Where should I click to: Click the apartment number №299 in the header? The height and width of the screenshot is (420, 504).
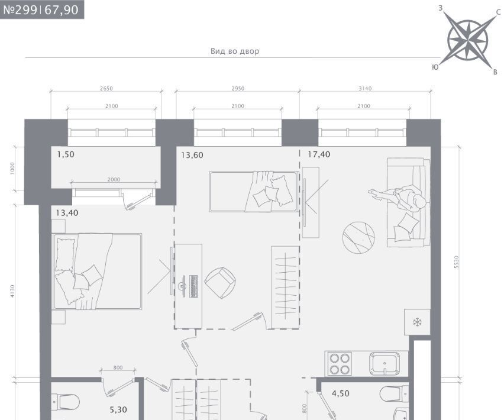(20, 9)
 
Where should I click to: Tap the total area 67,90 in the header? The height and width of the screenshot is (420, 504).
(62, 9)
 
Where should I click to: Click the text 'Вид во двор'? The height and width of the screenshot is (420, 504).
(235, 51)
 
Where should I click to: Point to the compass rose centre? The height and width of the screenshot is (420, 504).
(468, 40)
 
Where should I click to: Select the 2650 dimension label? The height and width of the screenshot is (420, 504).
(106, 88)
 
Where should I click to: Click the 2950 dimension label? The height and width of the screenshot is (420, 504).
(238, 88)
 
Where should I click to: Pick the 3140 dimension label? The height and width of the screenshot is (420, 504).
(365, 88)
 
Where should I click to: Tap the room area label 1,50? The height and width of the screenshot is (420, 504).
(66, 154)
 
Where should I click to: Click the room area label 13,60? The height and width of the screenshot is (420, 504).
(192, 155)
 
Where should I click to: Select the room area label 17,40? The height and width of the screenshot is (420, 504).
(319, 154)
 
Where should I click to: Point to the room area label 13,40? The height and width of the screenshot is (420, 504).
(67, 213)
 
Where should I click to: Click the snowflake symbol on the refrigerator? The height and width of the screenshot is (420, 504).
(417, 322)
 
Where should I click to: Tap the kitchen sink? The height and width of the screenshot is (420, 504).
(385, 363)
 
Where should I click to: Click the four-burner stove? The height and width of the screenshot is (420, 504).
(340, 363)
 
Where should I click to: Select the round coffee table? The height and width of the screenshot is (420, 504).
(358, 237)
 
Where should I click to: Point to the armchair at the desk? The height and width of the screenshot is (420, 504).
(221, 282)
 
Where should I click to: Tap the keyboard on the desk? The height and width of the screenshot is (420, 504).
(193, 286)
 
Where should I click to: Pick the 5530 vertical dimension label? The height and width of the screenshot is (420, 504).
(457, 262)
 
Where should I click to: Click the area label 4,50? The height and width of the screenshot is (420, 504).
(340, 393)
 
